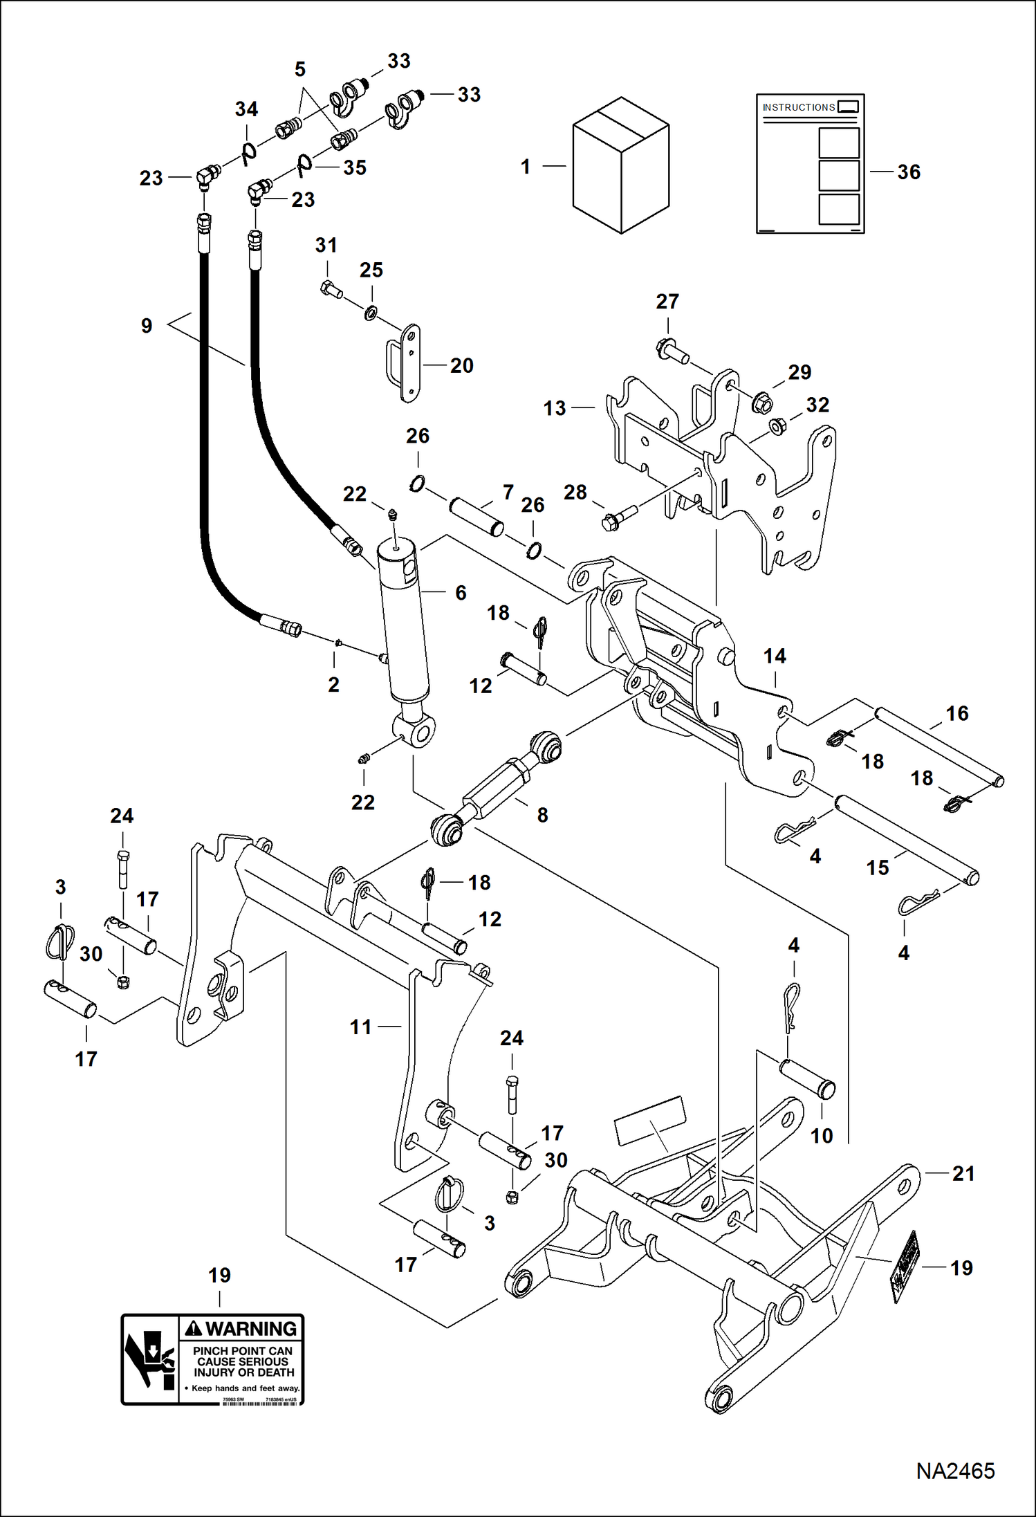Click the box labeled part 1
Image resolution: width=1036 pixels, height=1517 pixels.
[x=620, y=166]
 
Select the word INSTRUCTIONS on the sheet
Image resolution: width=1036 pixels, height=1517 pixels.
[x=798, y=107]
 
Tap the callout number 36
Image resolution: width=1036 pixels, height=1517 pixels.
[x=909, y=172]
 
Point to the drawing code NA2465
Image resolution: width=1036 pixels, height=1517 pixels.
[x=955, y=1471]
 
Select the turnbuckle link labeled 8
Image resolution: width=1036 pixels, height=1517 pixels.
[x=497, y=789]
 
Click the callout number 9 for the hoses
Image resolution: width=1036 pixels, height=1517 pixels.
[x=147, y=326]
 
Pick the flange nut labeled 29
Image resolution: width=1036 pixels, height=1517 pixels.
[x=761, y=401]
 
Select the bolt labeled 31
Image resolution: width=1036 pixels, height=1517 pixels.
[x=331, y=289]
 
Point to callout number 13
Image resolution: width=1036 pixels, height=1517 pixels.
[x=555, y=408]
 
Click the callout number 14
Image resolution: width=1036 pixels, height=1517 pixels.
[x=775, y=656]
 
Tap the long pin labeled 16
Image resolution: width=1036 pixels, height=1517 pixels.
[x=939, y=745]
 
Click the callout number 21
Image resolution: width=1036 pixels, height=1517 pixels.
[x=963, y=1173]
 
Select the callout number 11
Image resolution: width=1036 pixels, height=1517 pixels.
[x=360, y=1027]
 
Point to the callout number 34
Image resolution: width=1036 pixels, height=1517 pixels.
[x=246, y=109]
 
